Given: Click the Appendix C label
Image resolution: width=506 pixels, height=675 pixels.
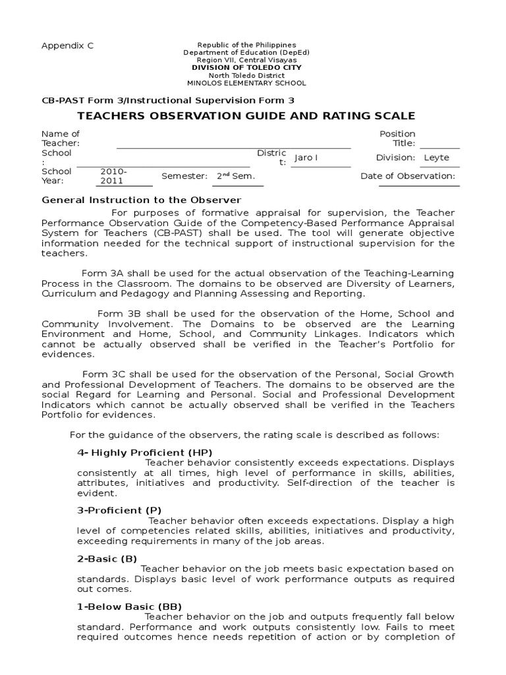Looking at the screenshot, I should [x=68, y=45].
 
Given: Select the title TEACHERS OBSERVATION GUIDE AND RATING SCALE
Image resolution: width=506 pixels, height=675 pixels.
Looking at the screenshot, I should [x=247, y=116].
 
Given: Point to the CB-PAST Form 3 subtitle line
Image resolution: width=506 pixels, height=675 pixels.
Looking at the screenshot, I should [x=168, y=100].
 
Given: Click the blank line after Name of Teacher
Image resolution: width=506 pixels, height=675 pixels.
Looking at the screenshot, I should [x=233, y=144].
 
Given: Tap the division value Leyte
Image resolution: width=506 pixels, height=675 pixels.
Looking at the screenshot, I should [x=437, y=158].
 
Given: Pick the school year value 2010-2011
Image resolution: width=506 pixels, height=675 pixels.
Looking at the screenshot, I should [x=114, y=176].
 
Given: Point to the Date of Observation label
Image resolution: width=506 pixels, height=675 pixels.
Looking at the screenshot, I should [x=407, y=176].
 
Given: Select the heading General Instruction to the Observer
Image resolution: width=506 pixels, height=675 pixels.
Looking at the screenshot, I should [x=142, y=200].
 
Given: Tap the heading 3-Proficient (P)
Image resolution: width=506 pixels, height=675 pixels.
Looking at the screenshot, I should [x=119, y=510].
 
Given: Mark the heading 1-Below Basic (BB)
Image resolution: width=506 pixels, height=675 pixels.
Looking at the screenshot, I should [x=129, y=606].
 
